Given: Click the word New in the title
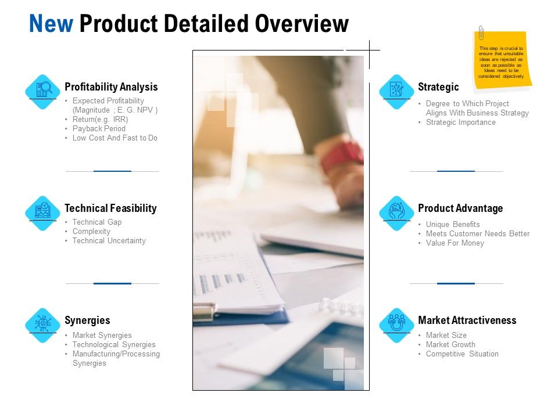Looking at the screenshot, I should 51,24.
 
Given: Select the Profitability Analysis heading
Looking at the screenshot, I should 111,87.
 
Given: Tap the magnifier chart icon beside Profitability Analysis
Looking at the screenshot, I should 44,89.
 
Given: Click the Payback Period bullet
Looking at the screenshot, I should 99,128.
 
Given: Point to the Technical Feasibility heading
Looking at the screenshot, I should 110,208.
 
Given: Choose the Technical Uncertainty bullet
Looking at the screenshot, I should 109,241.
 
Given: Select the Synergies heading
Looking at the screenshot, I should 87,320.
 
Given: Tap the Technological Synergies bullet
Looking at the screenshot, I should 114,345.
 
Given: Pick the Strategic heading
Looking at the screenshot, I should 438,87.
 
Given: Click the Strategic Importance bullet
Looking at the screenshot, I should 460,122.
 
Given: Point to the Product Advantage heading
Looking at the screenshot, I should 460,208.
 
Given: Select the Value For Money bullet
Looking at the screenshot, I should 455,243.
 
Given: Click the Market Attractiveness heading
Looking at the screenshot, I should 467,320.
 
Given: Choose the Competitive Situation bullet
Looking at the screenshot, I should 462,354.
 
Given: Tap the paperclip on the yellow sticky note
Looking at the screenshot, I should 481,33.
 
